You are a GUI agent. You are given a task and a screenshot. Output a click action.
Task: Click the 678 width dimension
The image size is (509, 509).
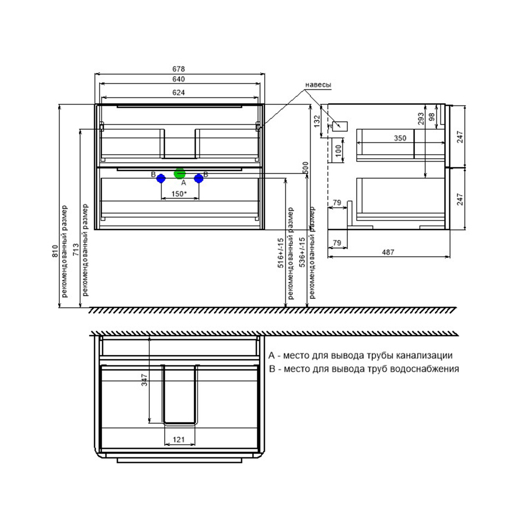[178, 69]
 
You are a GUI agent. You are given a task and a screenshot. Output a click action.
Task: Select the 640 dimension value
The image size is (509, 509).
[178, 79]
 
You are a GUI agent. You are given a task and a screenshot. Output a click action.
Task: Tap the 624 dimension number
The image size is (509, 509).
[178, 92]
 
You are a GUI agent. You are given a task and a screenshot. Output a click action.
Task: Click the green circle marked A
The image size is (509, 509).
[180, 173]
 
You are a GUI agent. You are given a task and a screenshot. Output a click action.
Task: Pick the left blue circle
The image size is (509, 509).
[161, 178]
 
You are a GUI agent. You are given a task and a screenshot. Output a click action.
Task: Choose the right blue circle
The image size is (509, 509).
[199, 178]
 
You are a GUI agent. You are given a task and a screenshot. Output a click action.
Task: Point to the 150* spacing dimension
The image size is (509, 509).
[179, 194]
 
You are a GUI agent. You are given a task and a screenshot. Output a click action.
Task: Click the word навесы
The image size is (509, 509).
[318, 85]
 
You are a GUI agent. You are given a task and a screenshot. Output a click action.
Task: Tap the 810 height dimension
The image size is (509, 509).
[55, 251]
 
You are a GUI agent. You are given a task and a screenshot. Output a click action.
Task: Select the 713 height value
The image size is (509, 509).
[76, 249]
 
